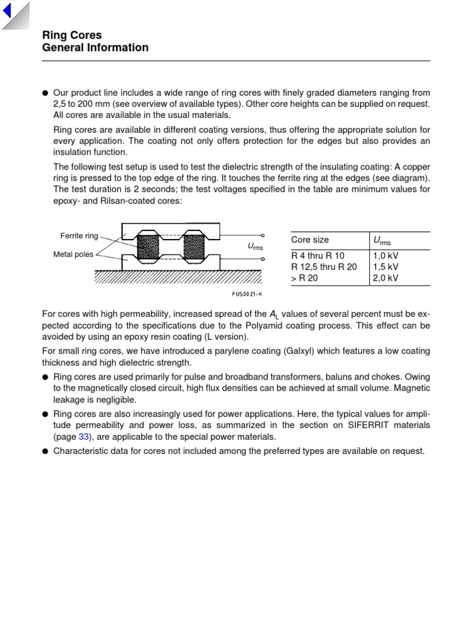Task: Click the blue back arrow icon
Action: click(7, 10)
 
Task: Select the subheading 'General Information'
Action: click(95, 48)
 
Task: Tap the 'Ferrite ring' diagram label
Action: click(78, 236)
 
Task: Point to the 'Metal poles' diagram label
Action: click(74, 254)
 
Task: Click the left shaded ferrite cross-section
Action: click(148, 247)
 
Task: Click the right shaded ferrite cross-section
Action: click(195, 247)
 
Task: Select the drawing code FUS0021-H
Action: click(247, 293)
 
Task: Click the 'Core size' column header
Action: click(310, 240)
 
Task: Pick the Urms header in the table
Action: click(382, 241)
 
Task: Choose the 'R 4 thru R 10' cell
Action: click(318, 256)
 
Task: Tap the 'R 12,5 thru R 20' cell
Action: click(324, 267)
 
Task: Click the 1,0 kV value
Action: click(386, 256)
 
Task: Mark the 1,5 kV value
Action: click(386, 267)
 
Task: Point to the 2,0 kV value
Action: click(386, 278)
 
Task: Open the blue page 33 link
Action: click(84, 437)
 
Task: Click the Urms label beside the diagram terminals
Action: click(255, 247)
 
